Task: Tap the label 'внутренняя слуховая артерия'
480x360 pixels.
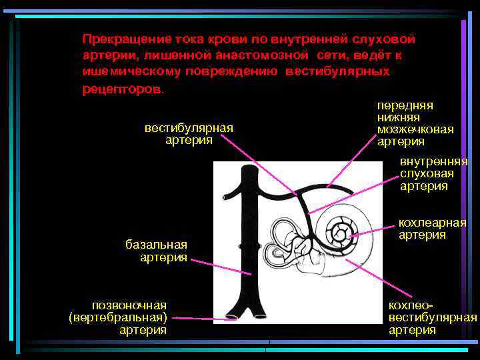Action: click(x=433, y=173)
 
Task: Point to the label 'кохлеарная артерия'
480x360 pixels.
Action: click(x=432, y=229)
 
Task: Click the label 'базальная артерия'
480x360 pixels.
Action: click(x=157, y=251)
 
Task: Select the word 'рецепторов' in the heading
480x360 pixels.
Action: click(x=121, y=89)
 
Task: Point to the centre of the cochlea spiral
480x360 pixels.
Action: click(x=342, y=233)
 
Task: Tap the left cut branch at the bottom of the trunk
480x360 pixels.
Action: click(x=233, y=313)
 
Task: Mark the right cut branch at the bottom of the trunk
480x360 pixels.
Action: click(x=262, y=313)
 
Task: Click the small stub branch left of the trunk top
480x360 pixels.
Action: click(x=231, y=195)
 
